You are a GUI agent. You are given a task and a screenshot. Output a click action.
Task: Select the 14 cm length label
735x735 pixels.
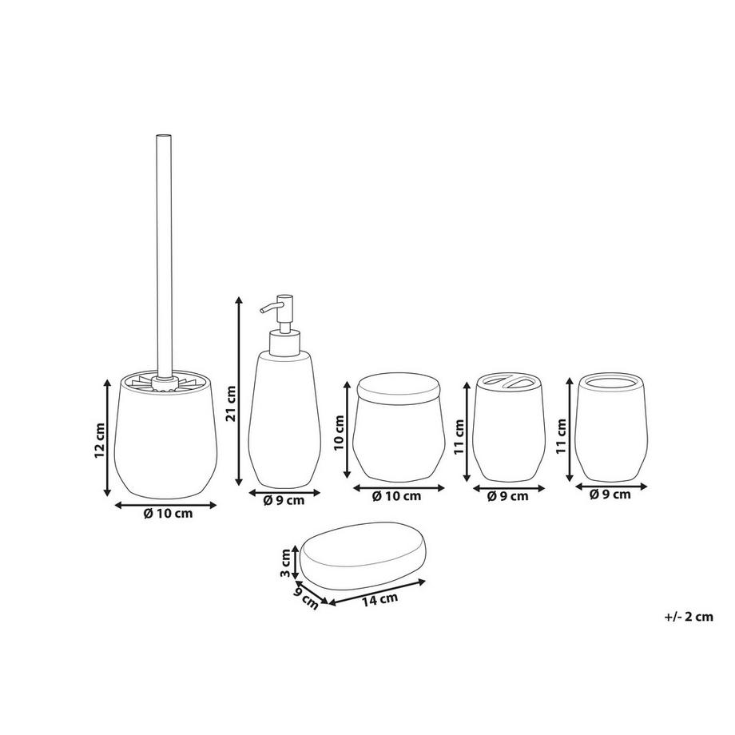(379, 598)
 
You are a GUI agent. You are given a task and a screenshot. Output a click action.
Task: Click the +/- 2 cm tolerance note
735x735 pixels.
(687, 616)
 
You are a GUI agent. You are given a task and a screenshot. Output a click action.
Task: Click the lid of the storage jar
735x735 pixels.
(398, 387)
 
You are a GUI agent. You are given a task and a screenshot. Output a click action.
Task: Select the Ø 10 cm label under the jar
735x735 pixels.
(397, 496)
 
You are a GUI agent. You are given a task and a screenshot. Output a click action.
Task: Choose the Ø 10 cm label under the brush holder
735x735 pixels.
(168, 514)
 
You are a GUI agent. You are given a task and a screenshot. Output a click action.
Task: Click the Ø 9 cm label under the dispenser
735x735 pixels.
(284, 502)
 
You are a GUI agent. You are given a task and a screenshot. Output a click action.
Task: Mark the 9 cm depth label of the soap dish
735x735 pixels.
(306, 594)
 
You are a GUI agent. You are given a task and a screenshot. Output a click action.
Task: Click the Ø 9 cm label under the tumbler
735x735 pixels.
(610, 495)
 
